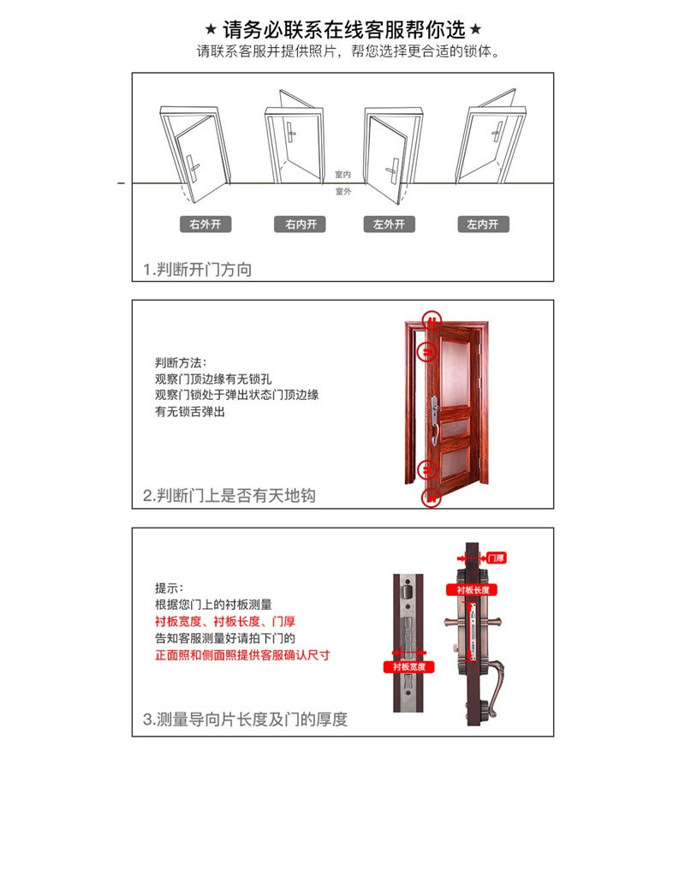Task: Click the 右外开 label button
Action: pos(205,224)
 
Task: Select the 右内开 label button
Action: pos(301,224)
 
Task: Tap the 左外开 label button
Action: pos(389,224)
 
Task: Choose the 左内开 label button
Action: pos(483,224)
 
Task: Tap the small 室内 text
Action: pos(342,175)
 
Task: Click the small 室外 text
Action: pos(342,192)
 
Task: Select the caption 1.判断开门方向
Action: pos(198,270)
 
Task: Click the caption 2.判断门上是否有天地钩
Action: pos(229,496)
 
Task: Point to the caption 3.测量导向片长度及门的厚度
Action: pos(245,719)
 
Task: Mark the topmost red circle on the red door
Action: pos(433,321)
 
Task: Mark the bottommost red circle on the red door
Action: pos(432,496)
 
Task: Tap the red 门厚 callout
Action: pos(495,558)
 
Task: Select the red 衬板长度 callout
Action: pos(472,590)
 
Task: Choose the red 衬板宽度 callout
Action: pos(408,666)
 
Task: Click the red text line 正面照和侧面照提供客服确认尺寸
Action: pos(242,655)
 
